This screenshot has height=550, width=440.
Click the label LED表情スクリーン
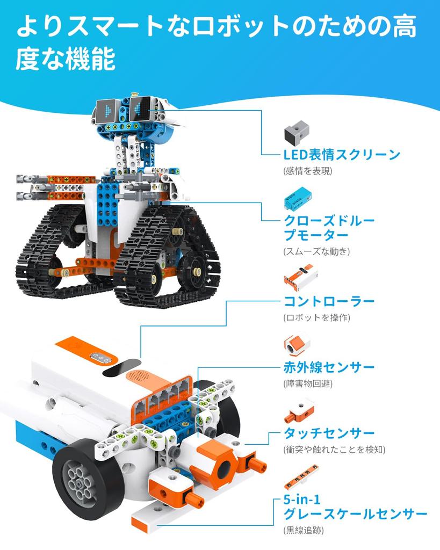(x=342, y=155)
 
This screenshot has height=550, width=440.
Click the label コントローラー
(x=329, y=301)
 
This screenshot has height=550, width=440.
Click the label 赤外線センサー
(x=329, y=368)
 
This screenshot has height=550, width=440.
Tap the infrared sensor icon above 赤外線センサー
(x=295, y=346)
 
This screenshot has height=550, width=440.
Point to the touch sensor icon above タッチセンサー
(x=298, y=410)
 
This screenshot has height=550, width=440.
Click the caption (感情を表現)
(x=308, y=171)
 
